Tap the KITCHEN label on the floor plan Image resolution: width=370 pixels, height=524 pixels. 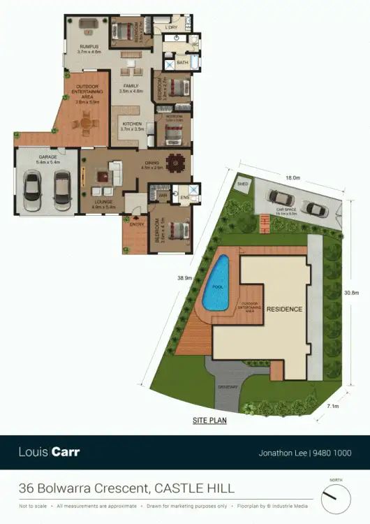tap(131, 124)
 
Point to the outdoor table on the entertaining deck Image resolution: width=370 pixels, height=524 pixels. tap(86, 125)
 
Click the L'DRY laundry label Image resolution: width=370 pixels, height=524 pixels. tap(172, 27)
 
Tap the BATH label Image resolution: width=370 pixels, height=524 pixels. tap(182, 63)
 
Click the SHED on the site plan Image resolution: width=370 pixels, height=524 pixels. tap(242, 185)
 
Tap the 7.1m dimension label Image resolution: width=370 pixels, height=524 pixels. tap(332, 405)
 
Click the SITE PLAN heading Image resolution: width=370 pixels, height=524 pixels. tap(209, 421)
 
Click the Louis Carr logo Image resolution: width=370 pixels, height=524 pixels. tap(49, 452)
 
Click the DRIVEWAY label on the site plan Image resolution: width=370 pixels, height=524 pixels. tap(228, 386)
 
